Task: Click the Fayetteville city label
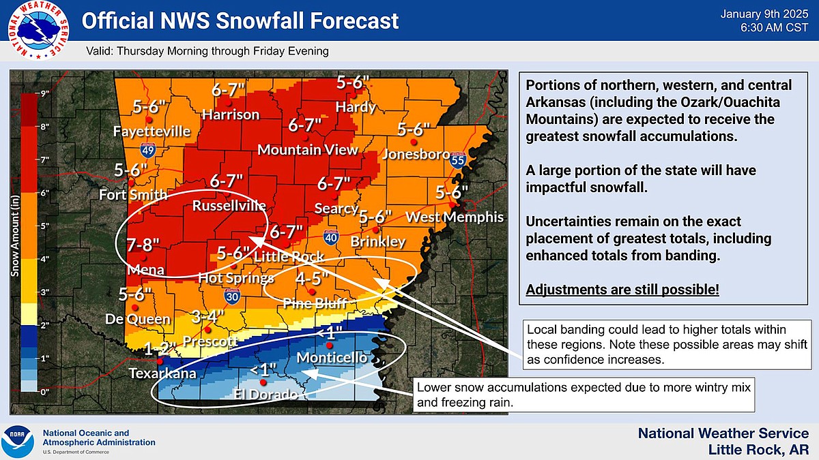(x=152, y=131)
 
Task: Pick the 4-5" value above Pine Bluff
(x=313, y=278)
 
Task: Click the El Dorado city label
(x=265, y=395)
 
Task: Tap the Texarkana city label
(x=163, y=373)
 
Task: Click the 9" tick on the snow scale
(x=46, y=94)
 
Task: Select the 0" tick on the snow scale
(x=46, y=392)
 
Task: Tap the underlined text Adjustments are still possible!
(x=622, y=290)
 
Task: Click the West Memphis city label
(x=455, y=217)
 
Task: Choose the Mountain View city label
(x=308, y=149)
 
